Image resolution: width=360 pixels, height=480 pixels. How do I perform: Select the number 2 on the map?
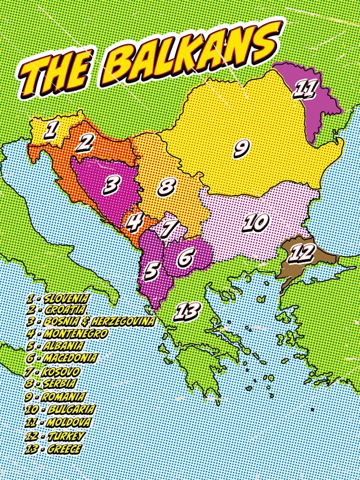tap(86, 143)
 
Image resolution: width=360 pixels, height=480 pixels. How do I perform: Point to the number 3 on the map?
tap(111, 185)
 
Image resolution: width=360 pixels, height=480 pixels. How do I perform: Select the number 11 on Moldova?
tap(305, 89)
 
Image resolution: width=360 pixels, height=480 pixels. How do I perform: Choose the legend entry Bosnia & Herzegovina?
tap(91, 321)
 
